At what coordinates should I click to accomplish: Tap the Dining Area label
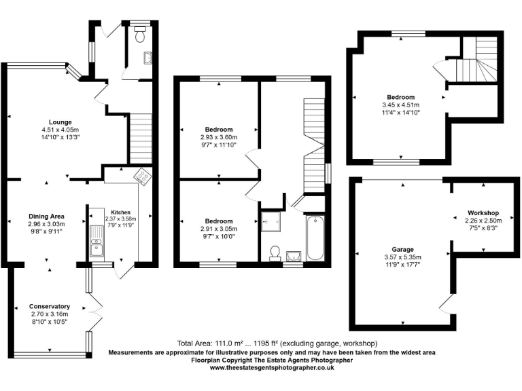[x=47, y=215]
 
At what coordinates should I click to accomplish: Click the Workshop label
[x=483, y=212]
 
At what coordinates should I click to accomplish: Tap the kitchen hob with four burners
[x=144, y=176]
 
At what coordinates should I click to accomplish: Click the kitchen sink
[x=97, y=240]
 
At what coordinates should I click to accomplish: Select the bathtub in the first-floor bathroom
[x=315, y=238]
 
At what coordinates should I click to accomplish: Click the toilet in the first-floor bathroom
[x=275, y=253]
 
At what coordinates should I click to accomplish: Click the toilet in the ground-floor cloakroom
[x=141, y=36]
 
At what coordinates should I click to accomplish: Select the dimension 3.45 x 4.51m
[x=400, y=105]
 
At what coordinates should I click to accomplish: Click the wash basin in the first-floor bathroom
[x=293, y=256]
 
